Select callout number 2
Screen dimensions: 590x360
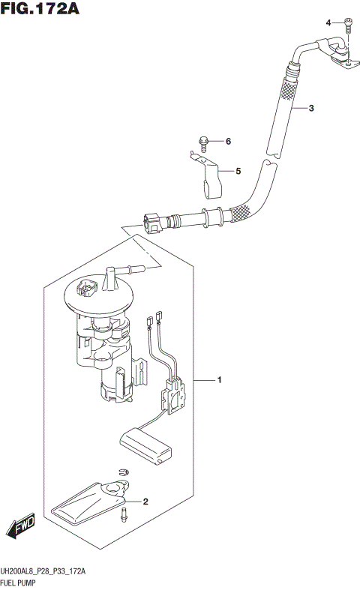coord(145,502)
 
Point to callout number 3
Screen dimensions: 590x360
coord(311,109)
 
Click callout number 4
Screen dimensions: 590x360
coord(328,22)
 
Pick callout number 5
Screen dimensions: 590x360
coord(238,171)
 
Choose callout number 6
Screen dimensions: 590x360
coord(229,141)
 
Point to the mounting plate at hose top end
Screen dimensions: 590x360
coord(342,61)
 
